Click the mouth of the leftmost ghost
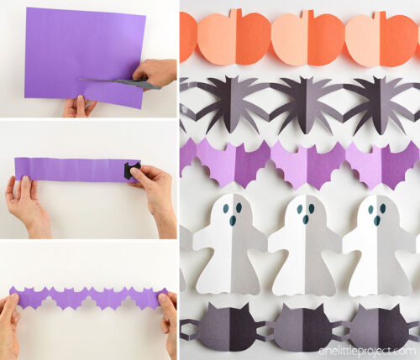click(233, 221)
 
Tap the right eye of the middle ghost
click(312, 208)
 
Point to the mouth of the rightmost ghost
click(377, 221)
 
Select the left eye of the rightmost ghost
click(371, 210)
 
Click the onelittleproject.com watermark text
click(367, 351)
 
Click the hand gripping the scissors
click(155, 72)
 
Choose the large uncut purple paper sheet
click(84, 56)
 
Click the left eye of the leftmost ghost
click(226, 208)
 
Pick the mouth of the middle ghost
click(306, 220)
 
